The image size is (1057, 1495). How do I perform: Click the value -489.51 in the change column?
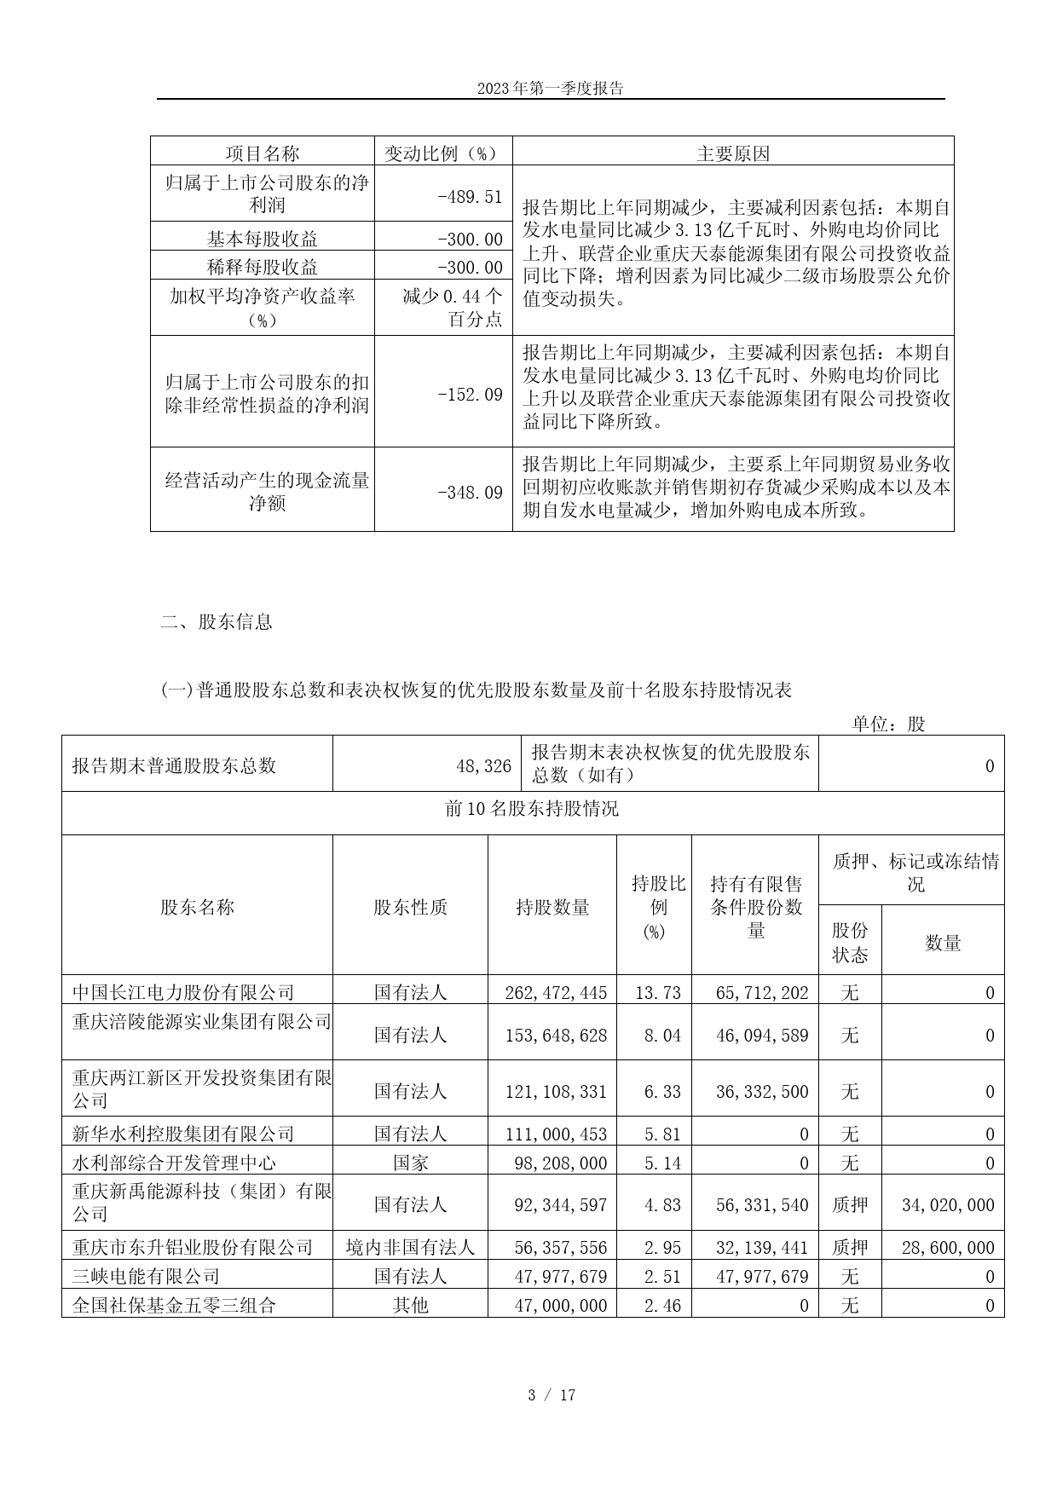click(470, 196)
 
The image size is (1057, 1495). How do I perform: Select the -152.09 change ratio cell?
click(470, 395)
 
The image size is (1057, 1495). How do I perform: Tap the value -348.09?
click(470, 493)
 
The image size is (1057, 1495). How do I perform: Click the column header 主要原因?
click(733, 153)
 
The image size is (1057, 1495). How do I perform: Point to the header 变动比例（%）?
click(443, 153)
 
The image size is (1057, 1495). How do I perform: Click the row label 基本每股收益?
click(262, 239)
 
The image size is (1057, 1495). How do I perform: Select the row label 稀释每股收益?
click(262, 268)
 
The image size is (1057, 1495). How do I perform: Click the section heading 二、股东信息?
click(217, 622)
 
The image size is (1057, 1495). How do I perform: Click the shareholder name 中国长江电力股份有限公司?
click(183, 992)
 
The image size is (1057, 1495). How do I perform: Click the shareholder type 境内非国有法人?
click(410, 1247)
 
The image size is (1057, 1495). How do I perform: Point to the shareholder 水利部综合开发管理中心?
click(174, 1163)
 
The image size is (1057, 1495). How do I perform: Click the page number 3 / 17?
click(552, 1395)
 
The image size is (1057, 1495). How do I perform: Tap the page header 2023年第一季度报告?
click(551, 89)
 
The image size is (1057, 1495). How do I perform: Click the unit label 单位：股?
click(888, 724)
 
